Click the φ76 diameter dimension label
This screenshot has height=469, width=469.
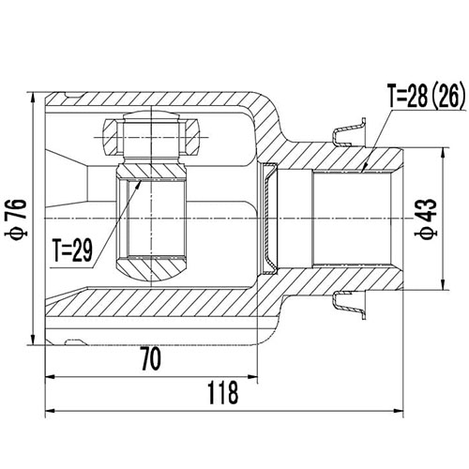[x=14, y=219]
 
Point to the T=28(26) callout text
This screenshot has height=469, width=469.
[x=428, y=96]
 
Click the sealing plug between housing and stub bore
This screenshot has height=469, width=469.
[x=270, y=219]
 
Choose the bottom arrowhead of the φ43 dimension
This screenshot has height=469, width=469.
[x=440, y=287]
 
